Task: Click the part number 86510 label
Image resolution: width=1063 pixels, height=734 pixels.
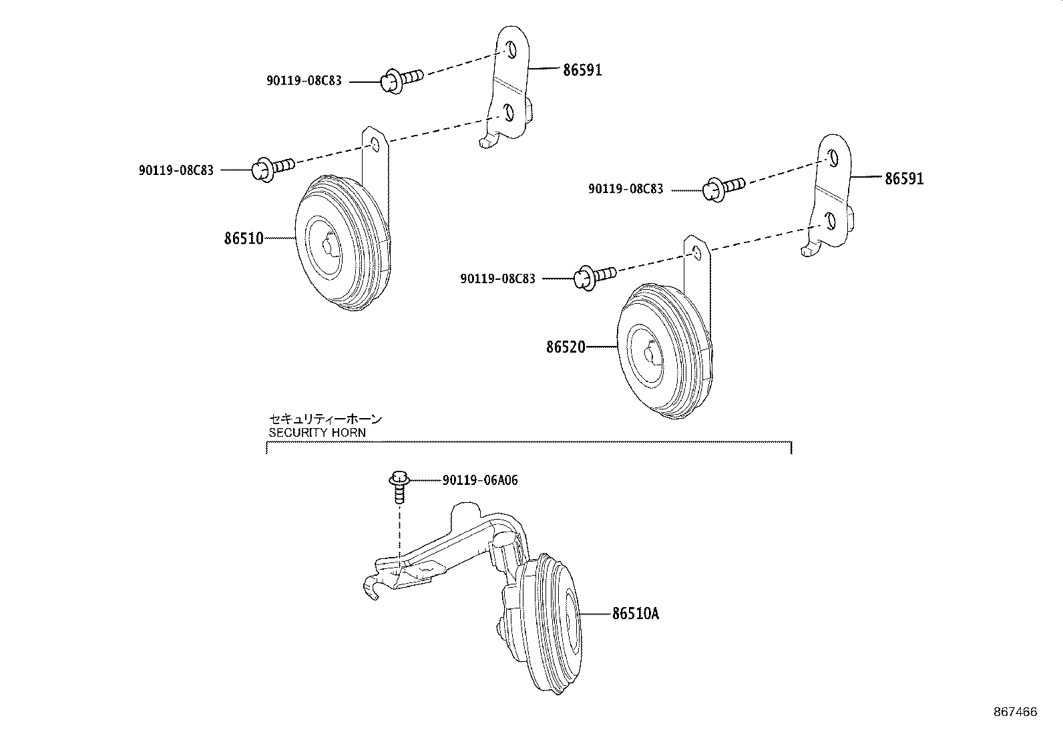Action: (244, 238)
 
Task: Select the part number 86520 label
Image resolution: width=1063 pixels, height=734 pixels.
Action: (566, 347)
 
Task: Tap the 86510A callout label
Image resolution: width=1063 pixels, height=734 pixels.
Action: (635, 614)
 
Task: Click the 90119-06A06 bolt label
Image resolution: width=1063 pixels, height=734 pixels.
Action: (479, 480)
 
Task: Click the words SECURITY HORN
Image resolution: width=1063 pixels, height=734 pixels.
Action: (317, 432)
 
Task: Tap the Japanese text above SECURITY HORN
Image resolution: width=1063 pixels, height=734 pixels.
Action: (325, 419)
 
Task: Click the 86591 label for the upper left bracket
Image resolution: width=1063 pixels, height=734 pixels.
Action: (582, 69)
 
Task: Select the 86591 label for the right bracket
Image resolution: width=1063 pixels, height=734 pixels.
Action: (905, 179)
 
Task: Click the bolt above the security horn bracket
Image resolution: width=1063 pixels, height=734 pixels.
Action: (399, 486)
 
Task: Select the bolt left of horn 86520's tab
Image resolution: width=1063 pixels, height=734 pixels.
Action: (594, 276)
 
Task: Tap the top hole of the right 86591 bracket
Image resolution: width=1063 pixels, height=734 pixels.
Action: (832, 158)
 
